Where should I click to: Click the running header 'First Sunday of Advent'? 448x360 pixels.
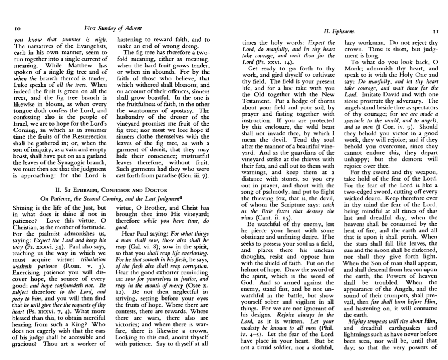coord(113,28)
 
